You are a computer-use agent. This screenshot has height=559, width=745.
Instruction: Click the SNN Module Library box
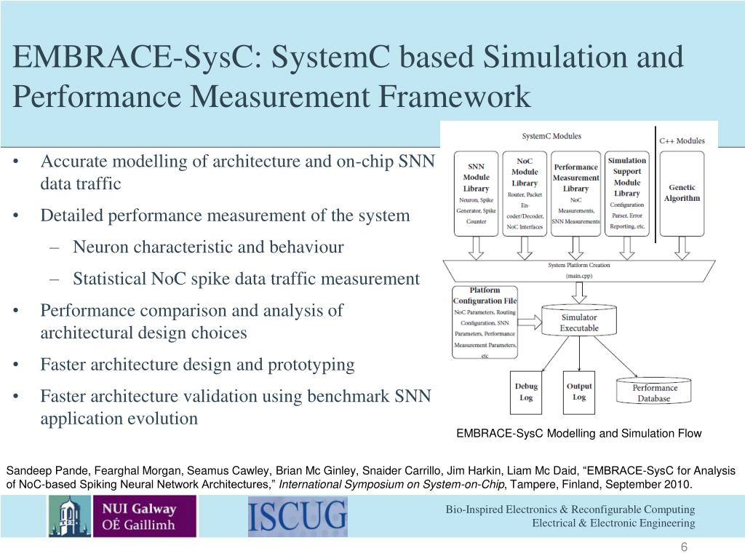tap(477, 193)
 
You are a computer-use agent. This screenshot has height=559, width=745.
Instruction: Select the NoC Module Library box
tap(525, 193)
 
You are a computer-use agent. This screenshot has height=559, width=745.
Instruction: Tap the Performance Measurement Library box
tap(575, 193)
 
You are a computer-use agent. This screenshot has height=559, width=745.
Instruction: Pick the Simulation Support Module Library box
tap(626, 193)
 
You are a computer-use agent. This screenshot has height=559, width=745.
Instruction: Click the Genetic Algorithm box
tap(682, 193)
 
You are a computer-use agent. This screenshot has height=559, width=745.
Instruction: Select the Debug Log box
tap(526, 392)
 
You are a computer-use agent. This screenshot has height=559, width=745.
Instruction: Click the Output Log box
tap(579, 392)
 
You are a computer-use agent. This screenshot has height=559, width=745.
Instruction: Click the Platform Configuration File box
tap(485, 322)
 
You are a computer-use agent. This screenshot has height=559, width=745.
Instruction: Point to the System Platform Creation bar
tap(578, 270)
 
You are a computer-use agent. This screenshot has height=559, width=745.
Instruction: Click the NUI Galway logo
tap(122, 515)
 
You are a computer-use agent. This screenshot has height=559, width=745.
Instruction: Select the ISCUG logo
tap(298, 515)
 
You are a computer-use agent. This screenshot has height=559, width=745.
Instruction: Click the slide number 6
tap(684, 548)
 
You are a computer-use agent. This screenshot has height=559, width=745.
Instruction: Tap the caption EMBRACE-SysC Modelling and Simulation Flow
tap(578, 434)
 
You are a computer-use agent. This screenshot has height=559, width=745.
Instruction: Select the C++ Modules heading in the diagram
tap(682, 140)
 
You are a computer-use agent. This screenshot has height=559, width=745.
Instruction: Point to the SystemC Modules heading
tap(551, 136)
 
